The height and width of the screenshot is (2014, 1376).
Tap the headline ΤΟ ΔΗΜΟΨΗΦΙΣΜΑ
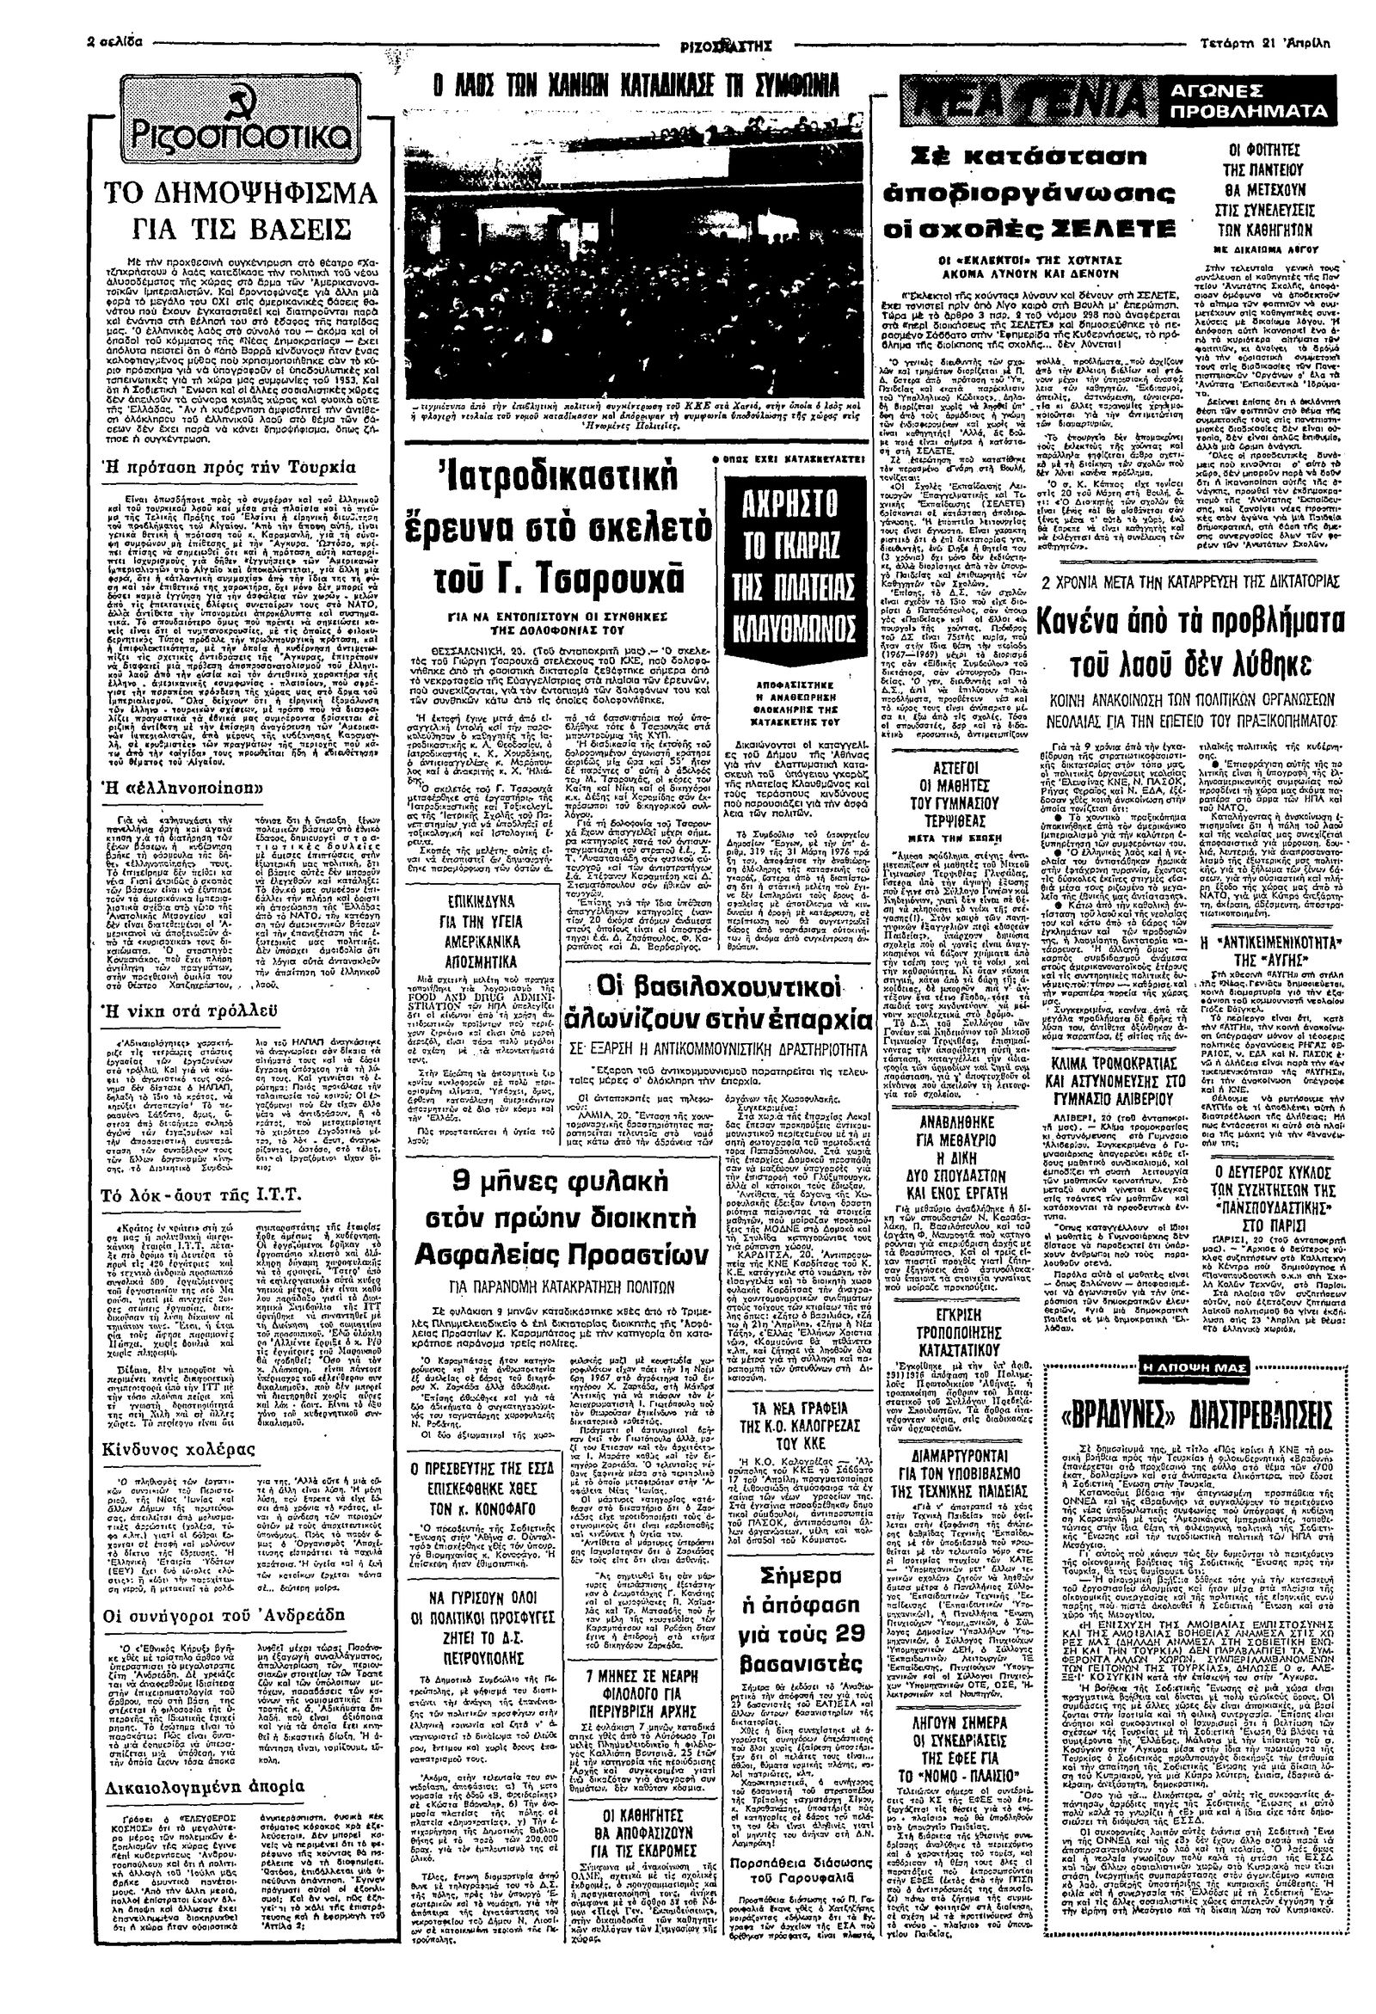click(x=236, y=192)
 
